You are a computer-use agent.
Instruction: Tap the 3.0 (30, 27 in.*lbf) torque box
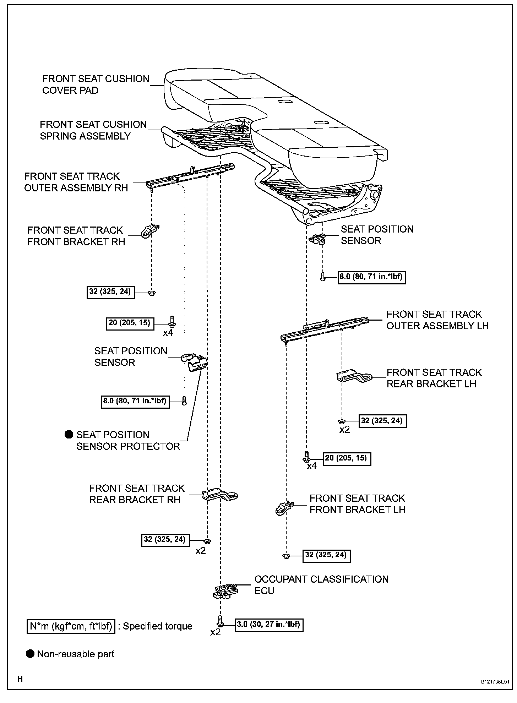(x=269, y=625)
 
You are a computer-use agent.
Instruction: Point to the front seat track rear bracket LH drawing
(x=353, y=376)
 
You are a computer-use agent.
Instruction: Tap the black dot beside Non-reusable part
(x=31, y=654)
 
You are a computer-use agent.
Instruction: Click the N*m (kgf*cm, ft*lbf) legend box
(x=71, y=626)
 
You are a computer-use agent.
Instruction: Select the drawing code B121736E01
(x=495, y=682)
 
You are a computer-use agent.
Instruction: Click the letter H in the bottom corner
(x=20, y=679)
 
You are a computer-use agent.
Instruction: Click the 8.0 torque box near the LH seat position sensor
(x=371, y=277)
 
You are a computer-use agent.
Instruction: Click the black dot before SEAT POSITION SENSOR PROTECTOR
(x=69, y=435)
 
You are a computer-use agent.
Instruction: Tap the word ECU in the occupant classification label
(x=264, y=591)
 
